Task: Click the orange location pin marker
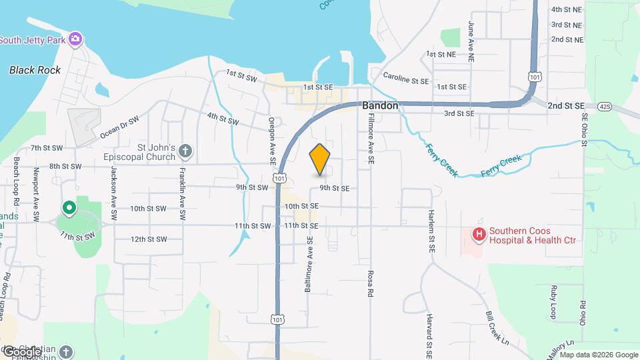(320, 159)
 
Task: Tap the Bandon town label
(380, 106)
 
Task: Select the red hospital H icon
(479, 234)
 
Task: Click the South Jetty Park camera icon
(76, 39)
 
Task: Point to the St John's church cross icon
(185, 152)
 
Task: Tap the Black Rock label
(35, 70)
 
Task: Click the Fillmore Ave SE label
(369, 139)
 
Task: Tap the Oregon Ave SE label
(272, 140)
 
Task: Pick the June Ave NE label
(471, 41)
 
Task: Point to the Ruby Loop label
(553, 302)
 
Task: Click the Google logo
(22, 352)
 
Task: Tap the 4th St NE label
(567, 10)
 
